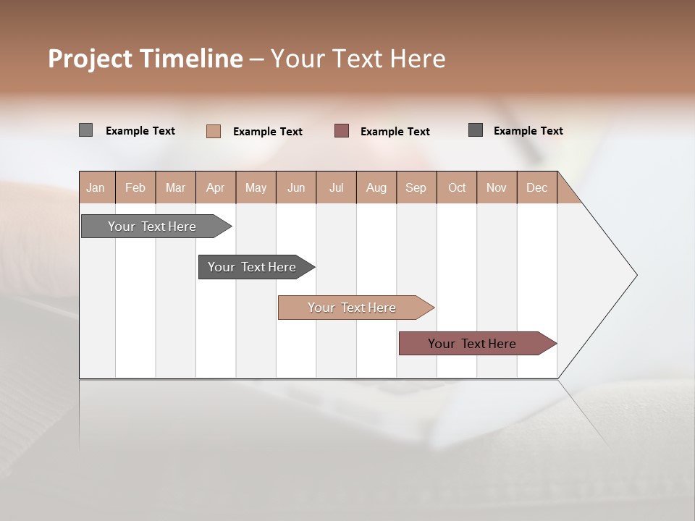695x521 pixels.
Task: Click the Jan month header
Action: point(96,187)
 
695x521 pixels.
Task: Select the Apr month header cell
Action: point(216,187)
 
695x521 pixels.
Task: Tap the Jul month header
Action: point(336,187)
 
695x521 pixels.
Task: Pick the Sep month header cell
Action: point(416,187)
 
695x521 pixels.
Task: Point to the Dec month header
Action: point(536,187)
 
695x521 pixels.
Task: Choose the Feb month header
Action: point(135,187)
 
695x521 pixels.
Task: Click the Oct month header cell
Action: point(457,187)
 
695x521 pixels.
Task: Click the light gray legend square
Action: point(85,130)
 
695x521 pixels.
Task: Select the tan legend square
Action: point(214,131)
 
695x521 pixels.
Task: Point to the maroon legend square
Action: point(342,131)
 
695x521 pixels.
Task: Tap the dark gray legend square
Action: point(476,130)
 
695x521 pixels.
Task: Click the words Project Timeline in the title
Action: point(146,59)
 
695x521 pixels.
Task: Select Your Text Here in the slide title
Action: point(358,59)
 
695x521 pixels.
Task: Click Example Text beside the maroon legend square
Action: point(395,132)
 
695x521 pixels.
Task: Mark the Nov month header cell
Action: point(497,187)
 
